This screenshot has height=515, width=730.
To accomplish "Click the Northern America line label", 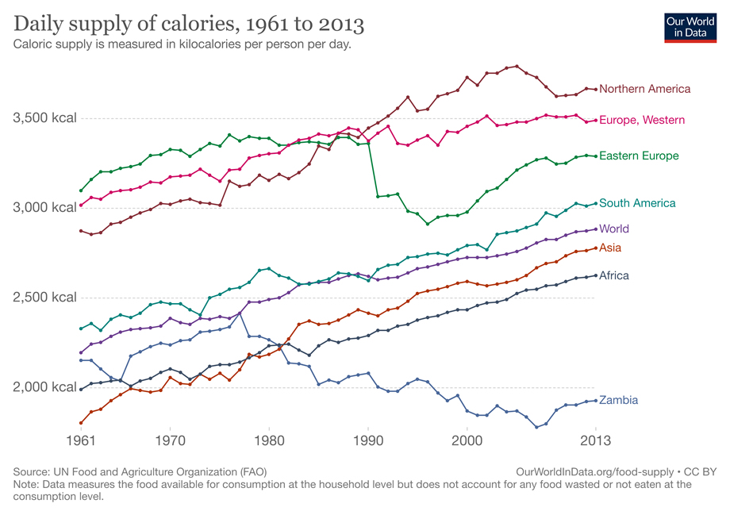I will point(644,89).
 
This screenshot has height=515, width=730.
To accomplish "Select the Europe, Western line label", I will point(642,120).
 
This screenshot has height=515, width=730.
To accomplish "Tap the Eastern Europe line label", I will point(639,156).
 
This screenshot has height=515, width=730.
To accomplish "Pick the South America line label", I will point(637,203).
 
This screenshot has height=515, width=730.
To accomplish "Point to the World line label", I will point(614,229).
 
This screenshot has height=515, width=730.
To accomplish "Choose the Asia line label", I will point(610,248).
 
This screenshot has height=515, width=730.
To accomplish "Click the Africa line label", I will point(614,275).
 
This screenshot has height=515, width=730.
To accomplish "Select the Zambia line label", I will point(618,400).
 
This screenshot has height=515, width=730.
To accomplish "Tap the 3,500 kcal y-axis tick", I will point(44,118).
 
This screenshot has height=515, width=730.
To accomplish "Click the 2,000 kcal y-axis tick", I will point(44,387).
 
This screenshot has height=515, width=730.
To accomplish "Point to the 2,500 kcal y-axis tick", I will point(44,298).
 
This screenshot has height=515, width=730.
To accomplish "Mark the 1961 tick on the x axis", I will point(81,439).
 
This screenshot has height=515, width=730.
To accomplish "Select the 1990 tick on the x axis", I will point(368,439).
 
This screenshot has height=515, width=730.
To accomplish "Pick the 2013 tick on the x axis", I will point(595,439).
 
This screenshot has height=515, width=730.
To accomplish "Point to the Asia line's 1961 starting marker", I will point(81,423).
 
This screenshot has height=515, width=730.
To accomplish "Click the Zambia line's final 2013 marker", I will point(595,400).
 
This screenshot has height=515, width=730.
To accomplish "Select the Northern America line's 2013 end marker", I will point(595,89).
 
